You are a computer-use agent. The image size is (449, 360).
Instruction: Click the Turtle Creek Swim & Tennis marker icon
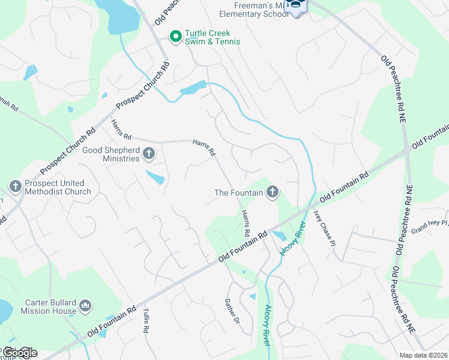coord(176,37)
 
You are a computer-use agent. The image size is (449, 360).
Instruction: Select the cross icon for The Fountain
coord(273,193)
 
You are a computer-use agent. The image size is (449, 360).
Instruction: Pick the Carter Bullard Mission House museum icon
coord(85,307)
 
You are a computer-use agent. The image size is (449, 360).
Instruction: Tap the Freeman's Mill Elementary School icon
coord(295,7)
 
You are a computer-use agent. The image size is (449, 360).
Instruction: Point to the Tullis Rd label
coord(146,320)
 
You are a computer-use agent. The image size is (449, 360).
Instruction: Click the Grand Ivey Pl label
coord(429,226)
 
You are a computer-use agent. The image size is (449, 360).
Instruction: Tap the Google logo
coord(19,353)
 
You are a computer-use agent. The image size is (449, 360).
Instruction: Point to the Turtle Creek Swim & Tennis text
coord(212,38)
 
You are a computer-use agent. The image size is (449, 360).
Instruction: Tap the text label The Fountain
coord(239,193)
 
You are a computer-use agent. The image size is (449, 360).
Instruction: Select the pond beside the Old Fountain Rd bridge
coord(279,236)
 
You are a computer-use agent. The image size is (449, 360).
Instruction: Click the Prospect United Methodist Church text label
coord(58,187)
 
